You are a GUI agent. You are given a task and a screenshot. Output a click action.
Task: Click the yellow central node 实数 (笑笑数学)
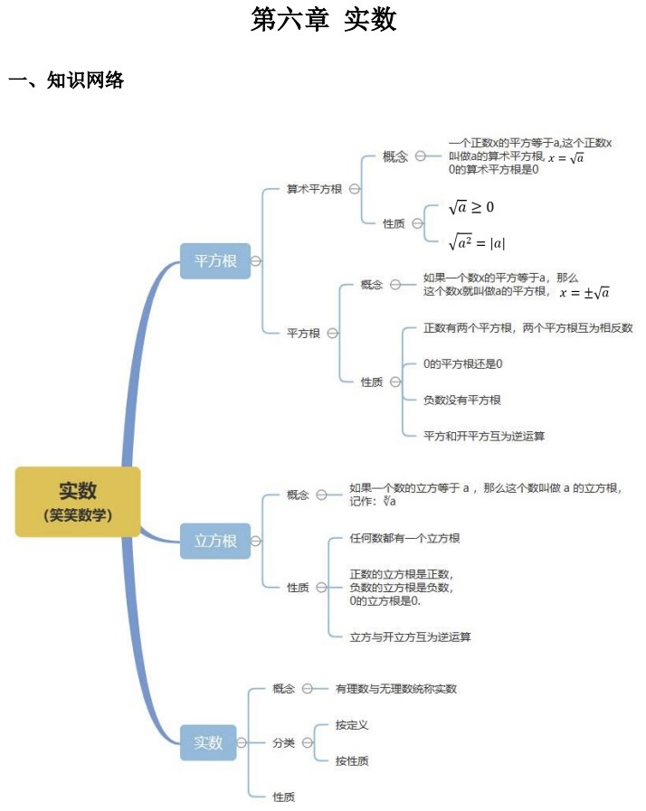click(x=78, y=501)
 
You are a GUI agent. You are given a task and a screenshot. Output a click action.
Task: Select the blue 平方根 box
click(x=215, y=260)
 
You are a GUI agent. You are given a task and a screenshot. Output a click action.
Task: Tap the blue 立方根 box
click(x=215, y=541)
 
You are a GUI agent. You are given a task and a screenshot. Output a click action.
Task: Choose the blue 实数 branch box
click(x=208, y=742)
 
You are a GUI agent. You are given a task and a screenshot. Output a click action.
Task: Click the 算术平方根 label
click(x=314, y=189)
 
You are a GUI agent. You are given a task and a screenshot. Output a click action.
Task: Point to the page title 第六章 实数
click(x=323, y=20)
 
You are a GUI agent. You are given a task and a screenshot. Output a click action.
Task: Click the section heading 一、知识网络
click(x=66, y=81)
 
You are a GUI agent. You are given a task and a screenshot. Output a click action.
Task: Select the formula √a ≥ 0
click(x=471, y=208)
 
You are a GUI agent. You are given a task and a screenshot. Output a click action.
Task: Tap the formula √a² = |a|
click(x=477, y=241)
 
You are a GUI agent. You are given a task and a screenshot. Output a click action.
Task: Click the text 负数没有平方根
click(x=462, y=400)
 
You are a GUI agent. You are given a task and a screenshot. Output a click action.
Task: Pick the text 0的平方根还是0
click(x=462, y=363)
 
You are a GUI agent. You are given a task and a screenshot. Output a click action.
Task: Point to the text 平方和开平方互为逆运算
click(x=484, y=436)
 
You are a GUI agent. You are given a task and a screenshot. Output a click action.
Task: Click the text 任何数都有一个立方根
click(x=404, y=538)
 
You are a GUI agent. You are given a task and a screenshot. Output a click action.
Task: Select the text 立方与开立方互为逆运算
click(x=410, y=637)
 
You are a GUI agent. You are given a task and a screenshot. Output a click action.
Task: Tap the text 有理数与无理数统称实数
click(x=396, y=688)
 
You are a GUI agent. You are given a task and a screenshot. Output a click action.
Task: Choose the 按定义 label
click(x=352, y=724)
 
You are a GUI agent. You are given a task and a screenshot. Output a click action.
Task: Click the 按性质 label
click(x=352, y=760)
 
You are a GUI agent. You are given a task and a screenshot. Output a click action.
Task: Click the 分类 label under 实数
click(x=284, y=742)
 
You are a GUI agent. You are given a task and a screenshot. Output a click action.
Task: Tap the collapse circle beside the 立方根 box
click(x=257, y=541)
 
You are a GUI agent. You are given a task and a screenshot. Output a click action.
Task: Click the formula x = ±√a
click(x=584, y=292)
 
